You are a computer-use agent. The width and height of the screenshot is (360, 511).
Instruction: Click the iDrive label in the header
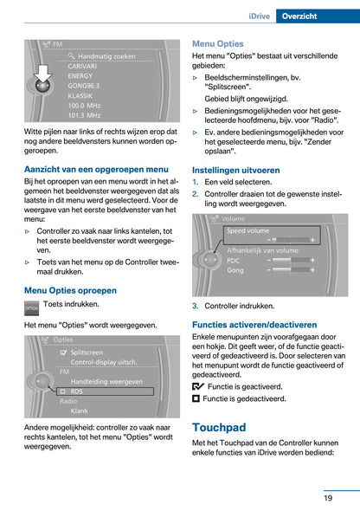point(261,16)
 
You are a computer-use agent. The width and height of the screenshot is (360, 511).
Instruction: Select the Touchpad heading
point(219,427)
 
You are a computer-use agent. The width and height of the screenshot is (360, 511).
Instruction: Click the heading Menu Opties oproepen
point(70,290)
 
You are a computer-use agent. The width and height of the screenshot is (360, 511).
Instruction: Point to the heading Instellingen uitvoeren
point(235,171)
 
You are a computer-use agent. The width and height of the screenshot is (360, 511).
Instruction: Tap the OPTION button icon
point(31,307)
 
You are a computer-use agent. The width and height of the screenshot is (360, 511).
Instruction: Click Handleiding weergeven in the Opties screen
point(106,381)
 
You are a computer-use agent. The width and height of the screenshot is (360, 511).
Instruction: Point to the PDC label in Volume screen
point(234,260)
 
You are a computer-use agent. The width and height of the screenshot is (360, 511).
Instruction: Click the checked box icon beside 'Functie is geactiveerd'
point(198,386)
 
